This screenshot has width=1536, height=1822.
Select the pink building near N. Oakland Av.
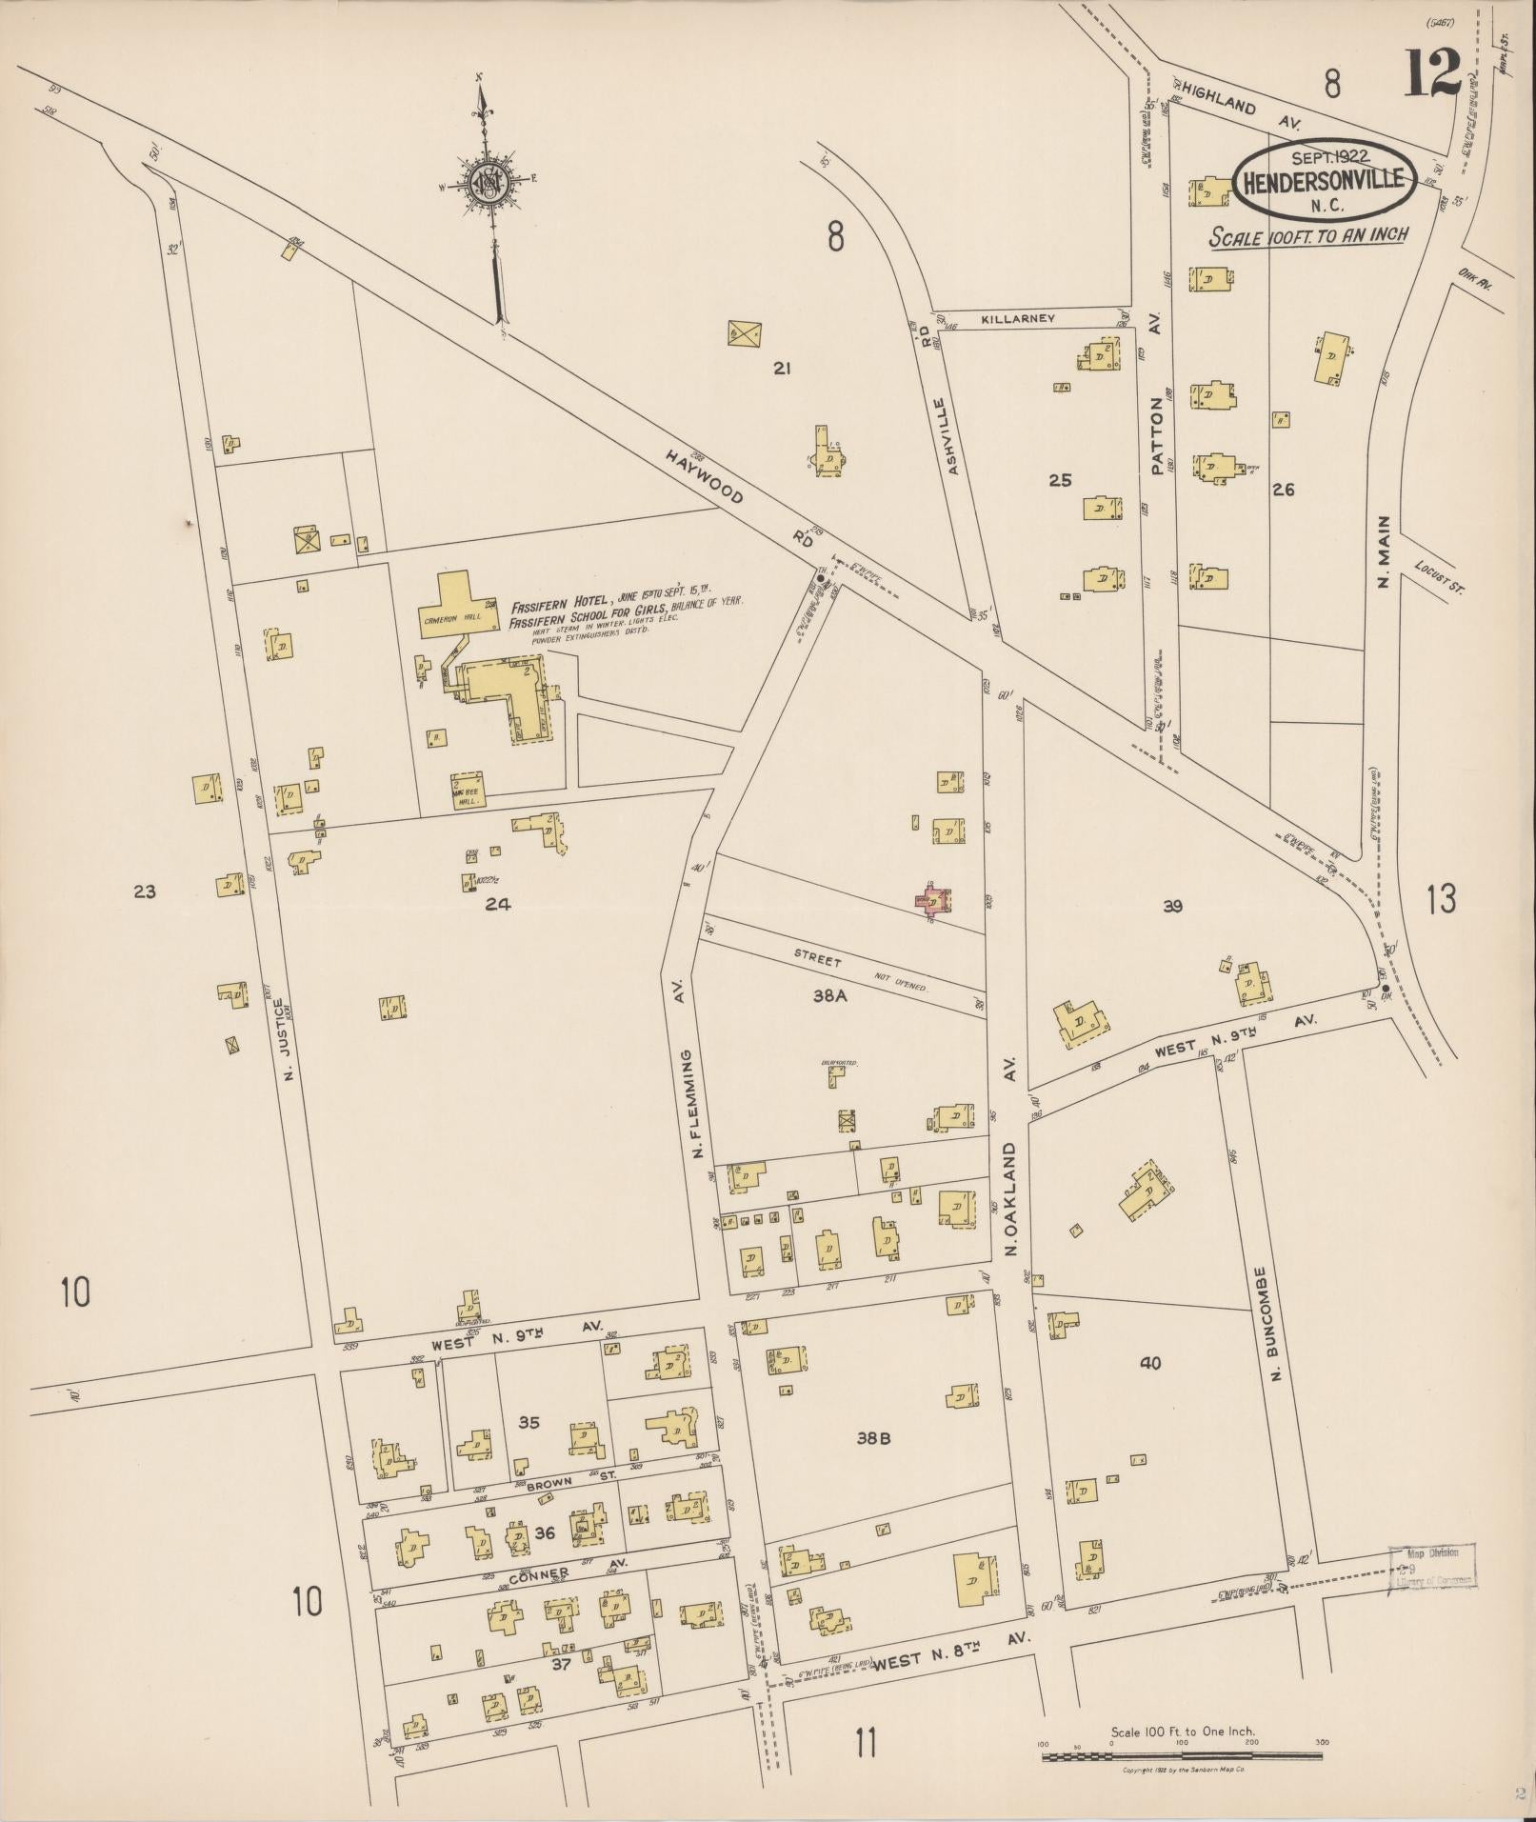(x=935, y=899)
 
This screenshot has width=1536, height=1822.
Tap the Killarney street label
(x=1019, y=319)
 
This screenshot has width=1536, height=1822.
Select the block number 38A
(x=829, y=996)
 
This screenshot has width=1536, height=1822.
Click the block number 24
(x=497, y=904)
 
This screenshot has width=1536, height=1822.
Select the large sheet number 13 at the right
(x=1441, y=898)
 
